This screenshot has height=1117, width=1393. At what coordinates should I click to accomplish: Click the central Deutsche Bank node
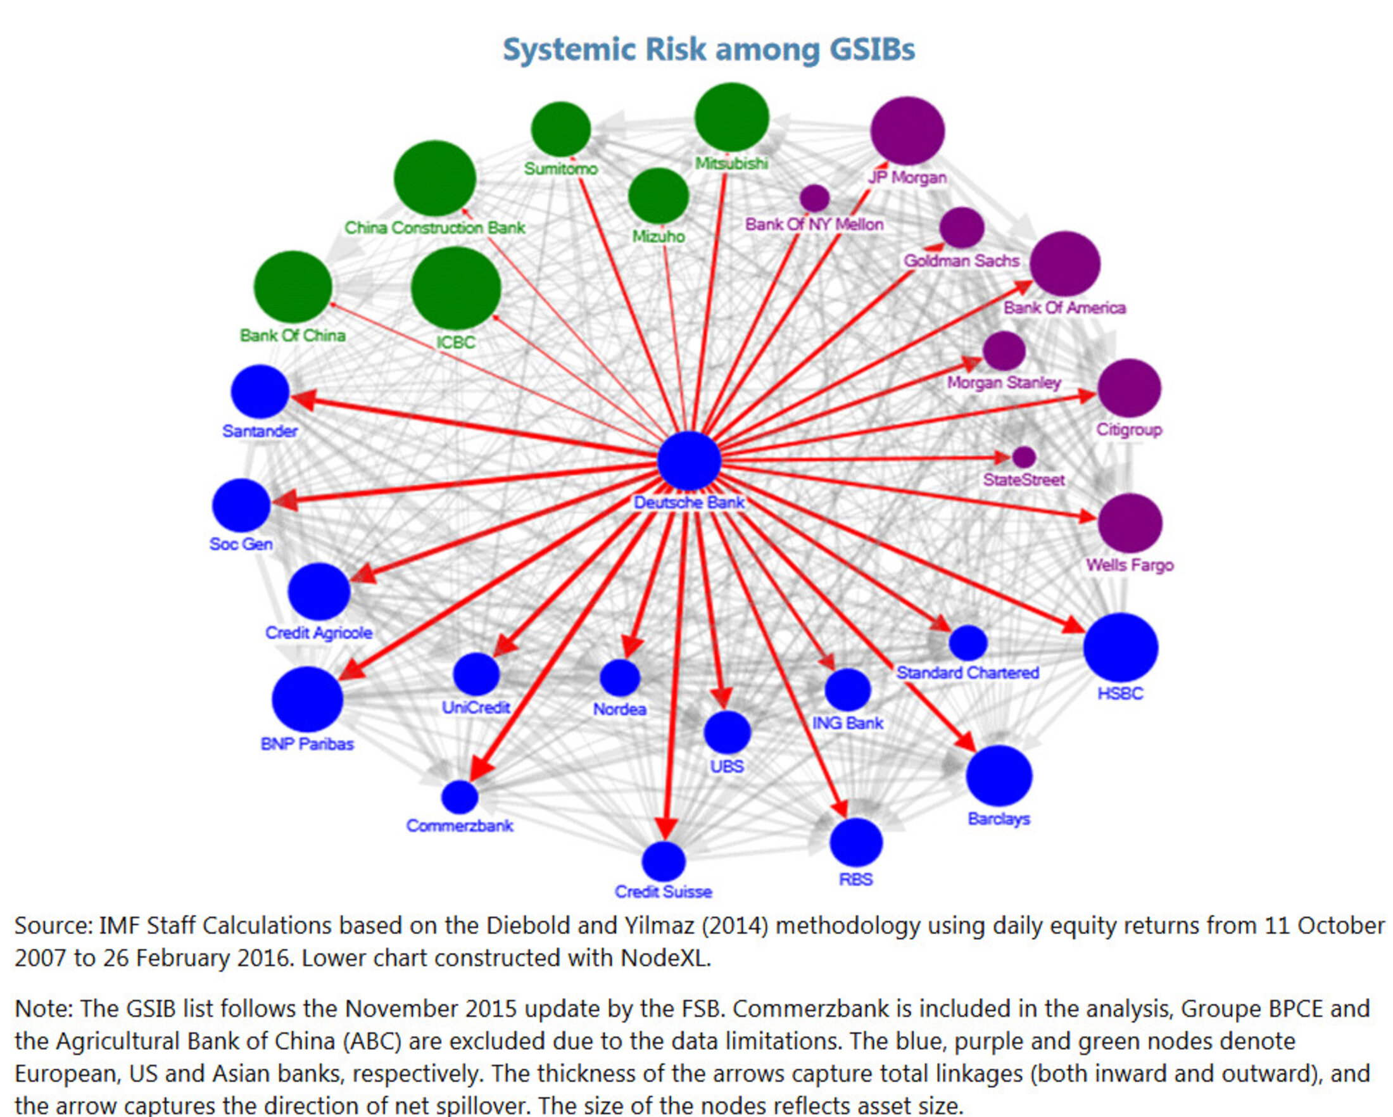tap(689, 460)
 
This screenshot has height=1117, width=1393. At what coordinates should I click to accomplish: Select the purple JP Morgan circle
tap(907, 130)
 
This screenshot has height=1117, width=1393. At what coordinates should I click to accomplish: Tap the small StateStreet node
tap(1023, 457)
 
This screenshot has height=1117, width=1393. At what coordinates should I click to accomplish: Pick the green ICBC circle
tap(455, 288)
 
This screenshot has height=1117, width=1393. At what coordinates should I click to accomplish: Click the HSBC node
tap(1120, 647)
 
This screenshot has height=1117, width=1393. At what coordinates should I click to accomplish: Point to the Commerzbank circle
tap(460, 797)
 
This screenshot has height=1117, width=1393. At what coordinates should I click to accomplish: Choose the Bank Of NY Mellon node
tap(814, 198)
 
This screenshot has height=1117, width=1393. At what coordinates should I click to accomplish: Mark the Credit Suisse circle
tap(664, 861)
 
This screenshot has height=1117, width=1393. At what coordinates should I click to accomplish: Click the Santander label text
tap(260, 431)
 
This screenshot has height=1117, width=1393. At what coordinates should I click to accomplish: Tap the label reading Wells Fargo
tap(1130, 565)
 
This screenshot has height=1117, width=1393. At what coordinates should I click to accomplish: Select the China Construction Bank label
tap(434, 228)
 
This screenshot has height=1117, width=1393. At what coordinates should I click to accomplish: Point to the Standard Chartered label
tap(968, 672)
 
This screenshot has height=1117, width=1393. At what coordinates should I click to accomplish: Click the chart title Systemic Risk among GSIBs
tap(709, 50)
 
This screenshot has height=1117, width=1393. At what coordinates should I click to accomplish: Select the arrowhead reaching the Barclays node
tap(967, 742)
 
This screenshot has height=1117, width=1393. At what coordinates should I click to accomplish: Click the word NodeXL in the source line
tap(664, 957)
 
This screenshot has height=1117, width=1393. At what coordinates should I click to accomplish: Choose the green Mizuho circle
tap(659, 196)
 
